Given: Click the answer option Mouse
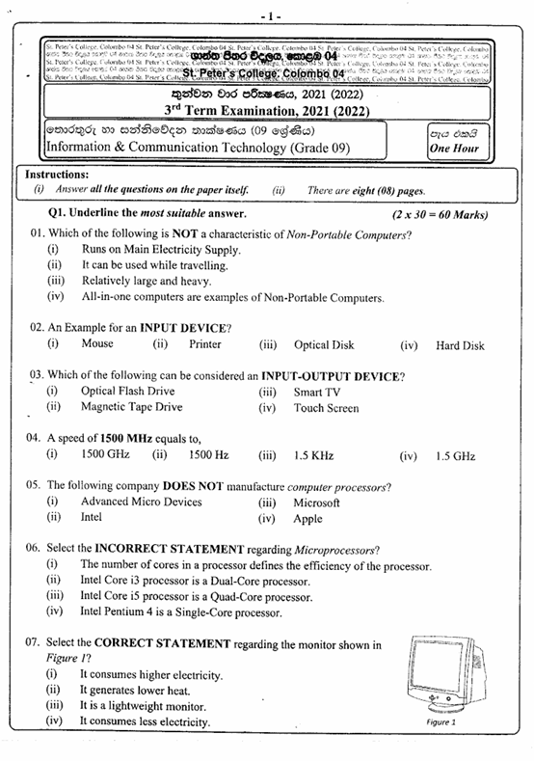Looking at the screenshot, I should click(97, 344).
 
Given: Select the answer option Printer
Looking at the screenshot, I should click(205, 344).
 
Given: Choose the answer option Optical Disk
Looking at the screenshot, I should click(324, 345).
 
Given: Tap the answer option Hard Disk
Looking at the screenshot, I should click(460, 345).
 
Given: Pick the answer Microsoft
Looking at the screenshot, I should click(317, 503).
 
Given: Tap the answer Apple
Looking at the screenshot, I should click(308, 519).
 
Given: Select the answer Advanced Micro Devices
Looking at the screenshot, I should click(142, 502).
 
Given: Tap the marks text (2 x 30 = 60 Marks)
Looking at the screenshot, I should click(441, 214).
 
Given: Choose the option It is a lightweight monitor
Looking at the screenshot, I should click(143, 705).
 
